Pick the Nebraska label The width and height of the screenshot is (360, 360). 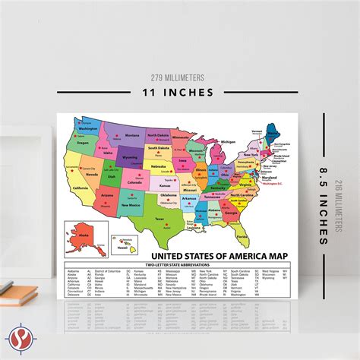[157, 165]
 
